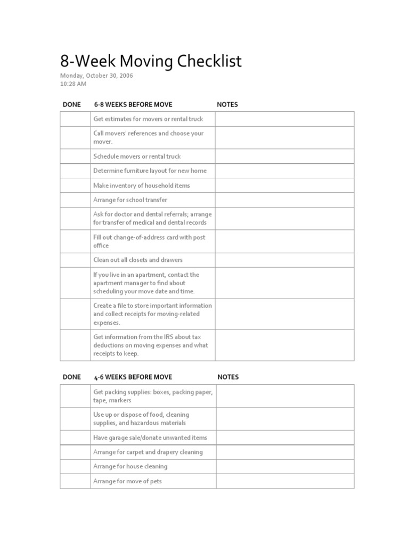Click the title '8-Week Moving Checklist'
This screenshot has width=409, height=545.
151,62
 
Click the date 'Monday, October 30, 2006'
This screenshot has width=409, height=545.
96,76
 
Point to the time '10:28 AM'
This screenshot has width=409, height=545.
73,84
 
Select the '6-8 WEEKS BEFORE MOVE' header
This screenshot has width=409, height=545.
133,104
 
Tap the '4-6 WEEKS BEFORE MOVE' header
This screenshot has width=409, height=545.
133,377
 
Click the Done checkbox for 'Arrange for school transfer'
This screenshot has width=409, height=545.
75,200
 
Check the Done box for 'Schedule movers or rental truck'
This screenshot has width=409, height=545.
75,156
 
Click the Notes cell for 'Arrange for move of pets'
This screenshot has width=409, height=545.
285,481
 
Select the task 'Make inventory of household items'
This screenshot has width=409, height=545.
142,185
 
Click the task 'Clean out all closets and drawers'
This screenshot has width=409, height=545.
138,260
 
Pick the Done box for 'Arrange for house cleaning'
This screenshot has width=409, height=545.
75,466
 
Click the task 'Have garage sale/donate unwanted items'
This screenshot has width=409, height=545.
150,437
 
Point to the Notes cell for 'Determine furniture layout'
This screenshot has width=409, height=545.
284,171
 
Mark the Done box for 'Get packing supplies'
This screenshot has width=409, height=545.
75,396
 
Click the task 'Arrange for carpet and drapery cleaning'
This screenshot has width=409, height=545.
148,452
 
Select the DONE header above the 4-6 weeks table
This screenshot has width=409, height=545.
72,377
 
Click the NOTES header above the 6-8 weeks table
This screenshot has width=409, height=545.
227,104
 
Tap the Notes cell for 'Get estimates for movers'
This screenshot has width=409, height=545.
284,119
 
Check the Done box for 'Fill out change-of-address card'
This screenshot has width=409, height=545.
75,241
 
